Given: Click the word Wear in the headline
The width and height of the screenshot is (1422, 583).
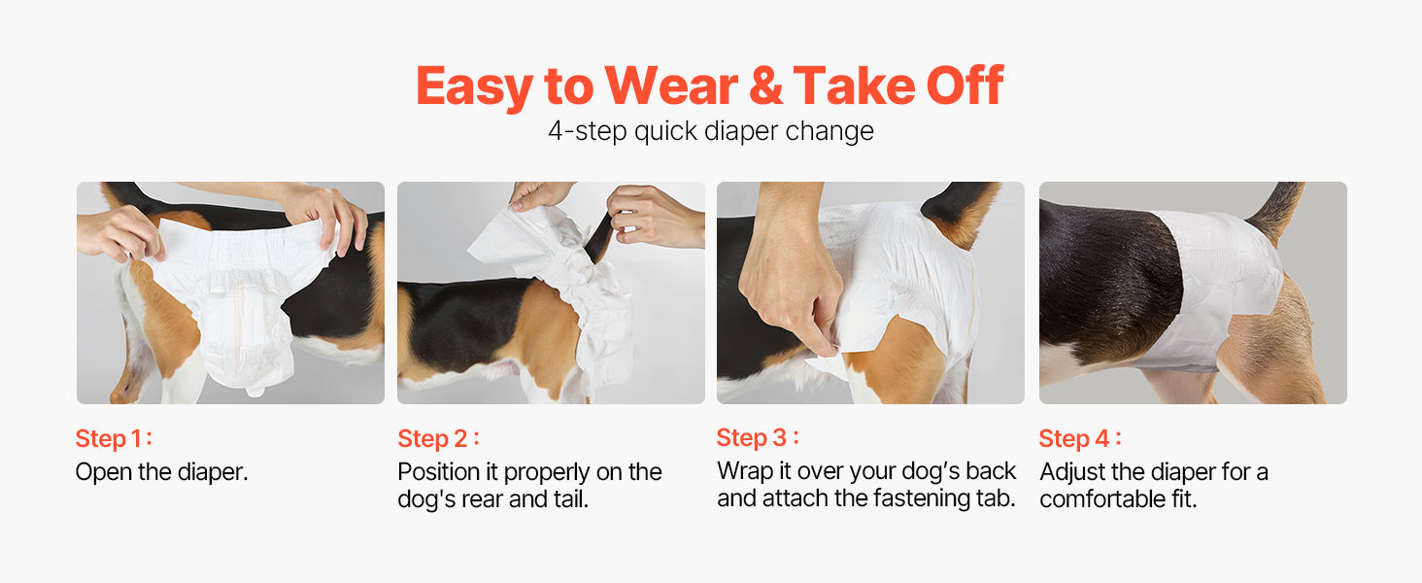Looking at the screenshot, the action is pos(671,86).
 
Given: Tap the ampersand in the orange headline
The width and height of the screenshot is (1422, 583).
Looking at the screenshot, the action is pos(765,86).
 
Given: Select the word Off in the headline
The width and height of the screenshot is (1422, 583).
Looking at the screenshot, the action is pos(965,86).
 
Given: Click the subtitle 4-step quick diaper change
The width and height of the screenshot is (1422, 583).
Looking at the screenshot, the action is pos(711,131).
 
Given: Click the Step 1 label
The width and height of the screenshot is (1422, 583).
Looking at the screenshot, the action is pos(114,438).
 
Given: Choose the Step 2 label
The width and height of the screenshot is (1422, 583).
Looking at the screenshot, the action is pos(438,438).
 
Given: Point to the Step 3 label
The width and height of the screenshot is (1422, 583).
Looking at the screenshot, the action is pos(758,437).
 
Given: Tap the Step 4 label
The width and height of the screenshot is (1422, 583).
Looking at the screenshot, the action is pos(1080,438).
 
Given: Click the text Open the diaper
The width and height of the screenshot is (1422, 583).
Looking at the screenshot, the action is pos(162,472).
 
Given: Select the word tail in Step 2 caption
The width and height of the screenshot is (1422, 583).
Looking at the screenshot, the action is pos(570,499).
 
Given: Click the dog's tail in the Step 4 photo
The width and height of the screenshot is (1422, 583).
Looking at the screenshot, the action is pos(1276,211).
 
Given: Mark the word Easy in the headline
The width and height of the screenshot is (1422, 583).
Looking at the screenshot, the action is pos(475,87).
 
